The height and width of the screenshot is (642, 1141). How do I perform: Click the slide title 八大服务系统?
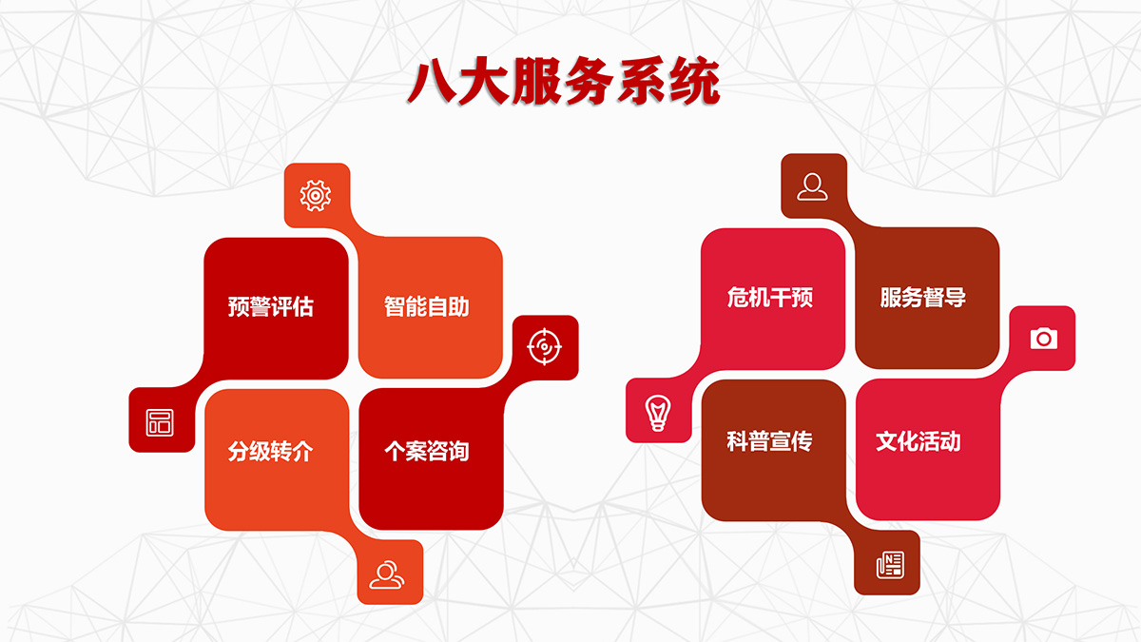coord(563,82)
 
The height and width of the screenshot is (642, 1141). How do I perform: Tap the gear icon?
coord(316,196)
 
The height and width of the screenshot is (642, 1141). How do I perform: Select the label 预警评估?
coord(270,306)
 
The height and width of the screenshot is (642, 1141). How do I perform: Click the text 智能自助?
coord(426,306)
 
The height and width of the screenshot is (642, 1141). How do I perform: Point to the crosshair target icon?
coord(545,347)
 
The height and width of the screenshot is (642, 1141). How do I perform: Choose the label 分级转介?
coord(270,452)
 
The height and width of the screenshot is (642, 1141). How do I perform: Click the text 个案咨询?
coord(426,452)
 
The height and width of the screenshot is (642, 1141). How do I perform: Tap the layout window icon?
coord(160,422)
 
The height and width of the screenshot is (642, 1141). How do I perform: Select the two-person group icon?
coord(387,574)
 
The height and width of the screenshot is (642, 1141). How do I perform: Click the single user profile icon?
coord(812,186)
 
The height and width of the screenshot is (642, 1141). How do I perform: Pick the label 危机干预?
coord(769,298)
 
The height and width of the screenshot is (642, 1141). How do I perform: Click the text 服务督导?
coord(923,298)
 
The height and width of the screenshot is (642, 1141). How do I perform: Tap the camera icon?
coord(1044,339)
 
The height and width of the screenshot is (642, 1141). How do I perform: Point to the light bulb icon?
coord(658,413)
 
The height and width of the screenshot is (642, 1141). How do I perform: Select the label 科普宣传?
coord(769,441)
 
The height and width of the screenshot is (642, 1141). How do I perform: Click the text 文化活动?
coord(919,441)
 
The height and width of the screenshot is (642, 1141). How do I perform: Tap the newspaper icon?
coord(890,565)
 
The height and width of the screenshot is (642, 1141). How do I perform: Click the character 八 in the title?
coord(432,82)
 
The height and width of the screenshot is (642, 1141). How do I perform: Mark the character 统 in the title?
coord(695,82)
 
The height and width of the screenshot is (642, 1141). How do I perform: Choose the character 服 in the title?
coord(537,82)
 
